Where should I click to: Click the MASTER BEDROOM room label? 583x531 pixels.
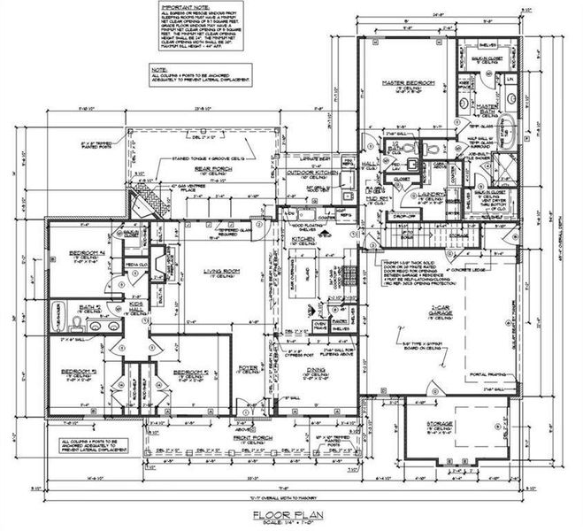point(409,83)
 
